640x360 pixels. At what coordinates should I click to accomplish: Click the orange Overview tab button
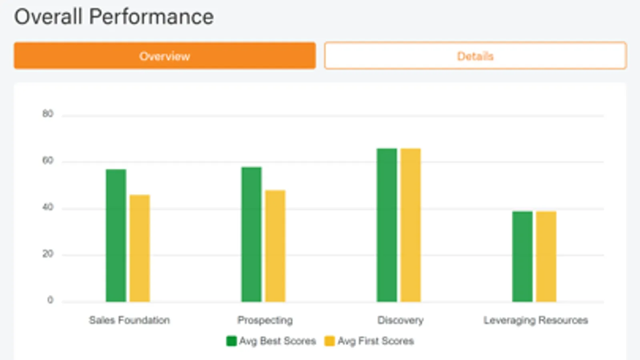click(x=165, y=56)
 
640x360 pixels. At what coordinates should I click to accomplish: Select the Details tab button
click(x=475, y=56)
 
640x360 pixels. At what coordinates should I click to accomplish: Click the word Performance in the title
click(x=151, y=17)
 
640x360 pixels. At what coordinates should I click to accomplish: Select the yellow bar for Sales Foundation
click(x=140, y=248)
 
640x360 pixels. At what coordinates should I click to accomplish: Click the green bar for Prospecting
click(x=251, y=234)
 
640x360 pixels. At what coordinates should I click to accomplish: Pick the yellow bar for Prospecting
click(x=275, y=246)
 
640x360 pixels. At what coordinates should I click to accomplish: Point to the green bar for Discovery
click(x=387, y=225)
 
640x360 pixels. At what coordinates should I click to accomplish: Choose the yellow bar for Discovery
click(x=411, y=225)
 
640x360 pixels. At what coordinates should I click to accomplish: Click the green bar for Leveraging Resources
click(x=522, y=256)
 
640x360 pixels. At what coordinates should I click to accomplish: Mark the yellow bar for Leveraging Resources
click(x=546, y=256)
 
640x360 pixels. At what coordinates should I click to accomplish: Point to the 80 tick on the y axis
click(x=48, y=114)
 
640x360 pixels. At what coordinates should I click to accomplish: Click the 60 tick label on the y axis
click(x=48, y=161)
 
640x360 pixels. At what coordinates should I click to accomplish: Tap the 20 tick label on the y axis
click(x=48, y=254)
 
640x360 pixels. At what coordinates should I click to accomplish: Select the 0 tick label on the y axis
click(x=50, y=300)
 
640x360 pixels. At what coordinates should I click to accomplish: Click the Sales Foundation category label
click(x=129, y=320)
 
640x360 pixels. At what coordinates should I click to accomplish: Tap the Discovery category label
click(x=400, y=320)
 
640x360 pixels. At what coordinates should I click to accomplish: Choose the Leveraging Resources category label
click(x=536, y=320)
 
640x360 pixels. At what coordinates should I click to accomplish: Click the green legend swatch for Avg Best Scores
click(x=231, y=341)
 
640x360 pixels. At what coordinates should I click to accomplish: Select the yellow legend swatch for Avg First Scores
click(x=329, y=341)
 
